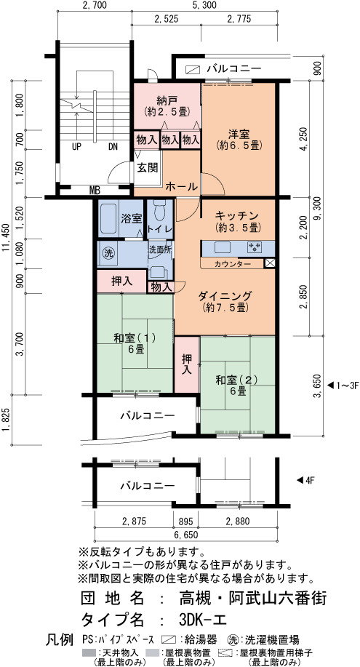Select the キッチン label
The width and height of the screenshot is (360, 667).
click(x=238, y=215)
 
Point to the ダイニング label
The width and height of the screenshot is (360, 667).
click(x=225, y=295)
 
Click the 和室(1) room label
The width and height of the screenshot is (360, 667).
click(x=134, y=338)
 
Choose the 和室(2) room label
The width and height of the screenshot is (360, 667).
click(x=236, y=380)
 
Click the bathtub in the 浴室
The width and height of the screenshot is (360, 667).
click(x=108, y=219)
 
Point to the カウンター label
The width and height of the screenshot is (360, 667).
click(x=232, y=264)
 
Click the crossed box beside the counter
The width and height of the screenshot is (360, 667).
click(x=270, y=263)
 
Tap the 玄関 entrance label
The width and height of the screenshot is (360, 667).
click(x=147, y=167)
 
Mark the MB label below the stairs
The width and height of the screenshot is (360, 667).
click(x=95, y=191)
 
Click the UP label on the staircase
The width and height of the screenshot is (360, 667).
click(x=76, y=147)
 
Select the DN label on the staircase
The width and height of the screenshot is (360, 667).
click(x=112, y=147)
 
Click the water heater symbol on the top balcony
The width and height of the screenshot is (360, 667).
click(x=193, y=69)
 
